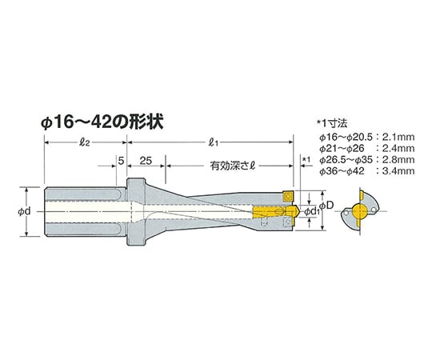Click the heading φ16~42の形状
click(x=102, y=122)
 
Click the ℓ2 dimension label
click(x=84, y=142)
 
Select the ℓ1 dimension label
click(x=214, y=142)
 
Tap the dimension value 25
click(x=146, y=161)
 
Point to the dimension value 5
click(x=121, y=161)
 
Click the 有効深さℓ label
click(x=233, y=166)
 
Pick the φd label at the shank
click(x=24, y=211)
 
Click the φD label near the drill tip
click(x=326, y=205)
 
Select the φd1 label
click(x=312, y=212)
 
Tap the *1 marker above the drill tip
click(x=306, y=159)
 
